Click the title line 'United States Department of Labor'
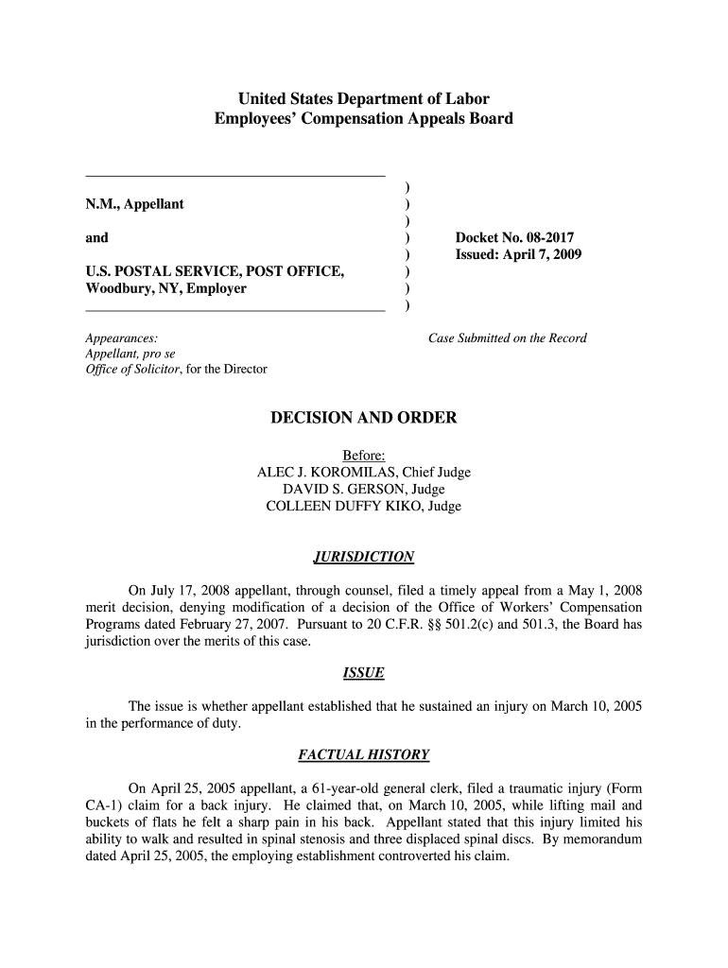[364, 98]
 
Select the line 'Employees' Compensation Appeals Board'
[364, 119]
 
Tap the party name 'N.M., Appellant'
[134, 204]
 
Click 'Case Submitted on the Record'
[508, 338]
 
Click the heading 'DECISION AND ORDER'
[364, 418]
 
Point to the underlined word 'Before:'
[364, 456]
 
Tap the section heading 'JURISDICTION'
[364, 557]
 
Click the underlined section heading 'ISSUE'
[364, 673]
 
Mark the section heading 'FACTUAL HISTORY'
[364, 755]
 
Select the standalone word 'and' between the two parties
[96, 238]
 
